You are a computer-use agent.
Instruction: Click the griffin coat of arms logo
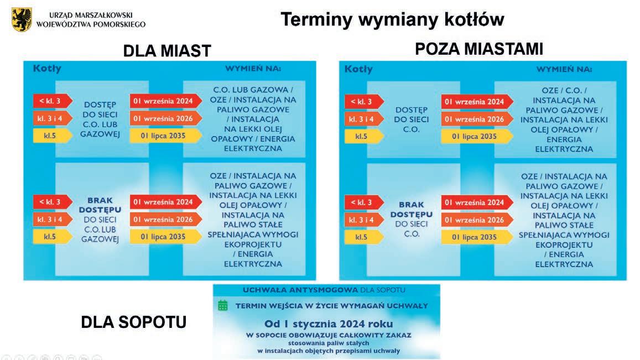click(22, 19)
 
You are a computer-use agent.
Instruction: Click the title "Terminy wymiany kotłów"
click(392, 20)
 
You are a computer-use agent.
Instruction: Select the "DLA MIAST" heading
click(166, 51)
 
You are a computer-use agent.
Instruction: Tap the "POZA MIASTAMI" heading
click(479, 49)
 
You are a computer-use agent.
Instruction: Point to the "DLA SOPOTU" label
click(133, 321)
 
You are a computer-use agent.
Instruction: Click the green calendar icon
click(223, 305)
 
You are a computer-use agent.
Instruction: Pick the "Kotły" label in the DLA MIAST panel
click(47, 69)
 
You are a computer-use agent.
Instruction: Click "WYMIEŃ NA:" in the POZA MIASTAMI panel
click(564, 69)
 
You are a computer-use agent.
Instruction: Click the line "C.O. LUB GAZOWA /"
click(253, 90)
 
